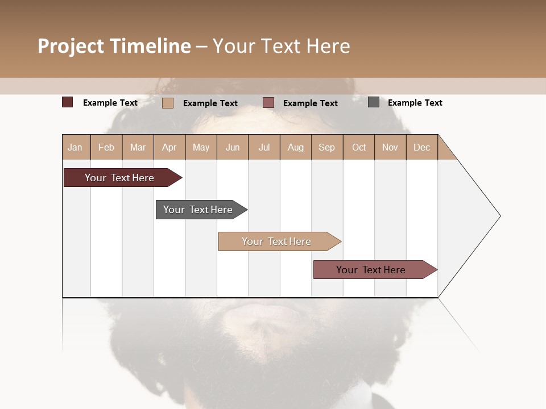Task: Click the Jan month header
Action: (x=76, y=147)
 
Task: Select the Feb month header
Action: (x=106, y=147)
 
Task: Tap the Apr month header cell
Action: (x=169, y=147)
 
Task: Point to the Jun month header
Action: (x=233, y=147)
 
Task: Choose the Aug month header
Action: (x=296, y=147)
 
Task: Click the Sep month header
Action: (x=327, y=147)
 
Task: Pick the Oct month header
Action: (x=359, y=147)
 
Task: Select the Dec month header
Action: (x=422, y=147)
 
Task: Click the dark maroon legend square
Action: (x=68, y=102)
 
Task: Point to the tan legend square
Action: (x=168, y=103)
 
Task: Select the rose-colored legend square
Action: (x=268, y=103)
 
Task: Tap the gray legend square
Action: (x=374, y=102)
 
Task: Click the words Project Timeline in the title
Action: (x=114, y=46)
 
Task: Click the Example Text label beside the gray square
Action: (x=415, y=103)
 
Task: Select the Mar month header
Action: (x=138, y=147)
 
